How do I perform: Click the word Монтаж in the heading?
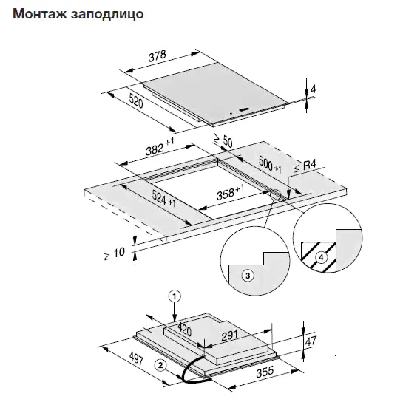point(40,13)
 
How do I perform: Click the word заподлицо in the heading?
point(107,15)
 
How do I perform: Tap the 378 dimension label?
point(158,56)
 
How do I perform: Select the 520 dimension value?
point(136,101)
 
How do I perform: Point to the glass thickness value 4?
point(313,89)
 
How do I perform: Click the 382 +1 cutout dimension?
point(160,147)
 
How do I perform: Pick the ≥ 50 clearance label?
point(223,140)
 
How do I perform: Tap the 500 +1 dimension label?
point(270,164)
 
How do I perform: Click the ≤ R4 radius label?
point(305,166)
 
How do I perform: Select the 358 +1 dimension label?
point(230,192)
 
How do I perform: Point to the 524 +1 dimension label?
point(164,198)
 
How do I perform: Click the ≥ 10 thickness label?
point(115,253)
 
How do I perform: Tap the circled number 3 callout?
point(248,275)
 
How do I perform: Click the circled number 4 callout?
point(321,258)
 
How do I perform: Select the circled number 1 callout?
point(175,296)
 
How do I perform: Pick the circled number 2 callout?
point(160,365)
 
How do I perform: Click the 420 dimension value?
point(185,330)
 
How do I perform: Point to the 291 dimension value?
point(230,335)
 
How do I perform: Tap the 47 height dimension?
point(311,341)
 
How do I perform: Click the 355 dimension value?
point(265,372)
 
